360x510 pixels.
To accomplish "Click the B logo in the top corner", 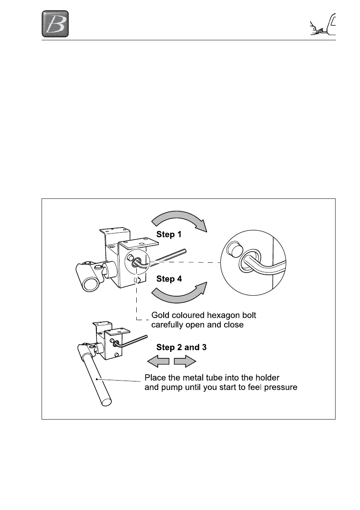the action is coord(55,24).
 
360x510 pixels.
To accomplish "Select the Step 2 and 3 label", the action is coord(182,348).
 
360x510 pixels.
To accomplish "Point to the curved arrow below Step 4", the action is coord(180,295).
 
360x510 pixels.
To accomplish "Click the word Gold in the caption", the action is coord(161,315).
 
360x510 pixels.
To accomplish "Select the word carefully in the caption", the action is coord(167,325).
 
